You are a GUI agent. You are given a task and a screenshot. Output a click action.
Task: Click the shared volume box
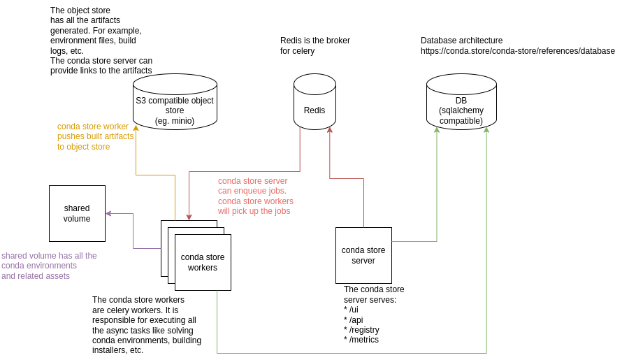[x=77, y=213]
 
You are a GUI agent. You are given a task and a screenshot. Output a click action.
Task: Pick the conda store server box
[x=363, y=255]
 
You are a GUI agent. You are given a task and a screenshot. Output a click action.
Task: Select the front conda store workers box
[x=203, y=262]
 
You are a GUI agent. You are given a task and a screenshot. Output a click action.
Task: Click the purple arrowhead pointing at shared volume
[x=109, y=213]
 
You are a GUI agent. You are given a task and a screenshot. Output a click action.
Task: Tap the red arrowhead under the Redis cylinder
[x=330, y=130]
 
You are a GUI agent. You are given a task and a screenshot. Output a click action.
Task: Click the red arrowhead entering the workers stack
[x=189, y=217]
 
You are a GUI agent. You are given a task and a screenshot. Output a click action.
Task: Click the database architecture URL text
[x=517, y=51]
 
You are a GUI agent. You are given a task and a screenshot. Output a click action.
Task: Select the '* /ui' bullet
[x=351, y=310]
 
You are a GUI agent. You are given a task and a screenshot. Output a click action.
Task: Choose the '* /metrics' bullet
[x=361, y=340]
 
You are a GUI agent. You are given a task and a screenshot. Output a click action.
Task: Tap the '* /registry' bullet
[x=361, y=330]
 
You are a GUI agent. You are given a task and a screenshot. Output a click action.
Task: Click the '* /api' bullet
[x=353, y=320]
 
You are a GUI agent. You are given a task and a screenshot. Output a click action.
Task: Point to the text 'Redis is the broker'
[x=314, y=41]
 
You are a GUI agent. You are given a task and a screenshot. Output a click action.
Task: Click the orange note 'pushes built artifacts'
[x=95, y=136]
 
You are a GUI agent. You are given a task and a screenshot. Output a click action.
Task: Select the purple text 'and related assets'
[x=36, y=276]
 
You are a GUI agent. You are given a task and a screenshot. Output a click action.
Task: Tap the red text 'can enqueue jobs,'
[x=252, y=191]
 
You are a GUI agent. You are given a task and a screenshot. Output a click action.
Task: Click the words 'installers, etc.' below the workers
[x=117, y=350]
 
